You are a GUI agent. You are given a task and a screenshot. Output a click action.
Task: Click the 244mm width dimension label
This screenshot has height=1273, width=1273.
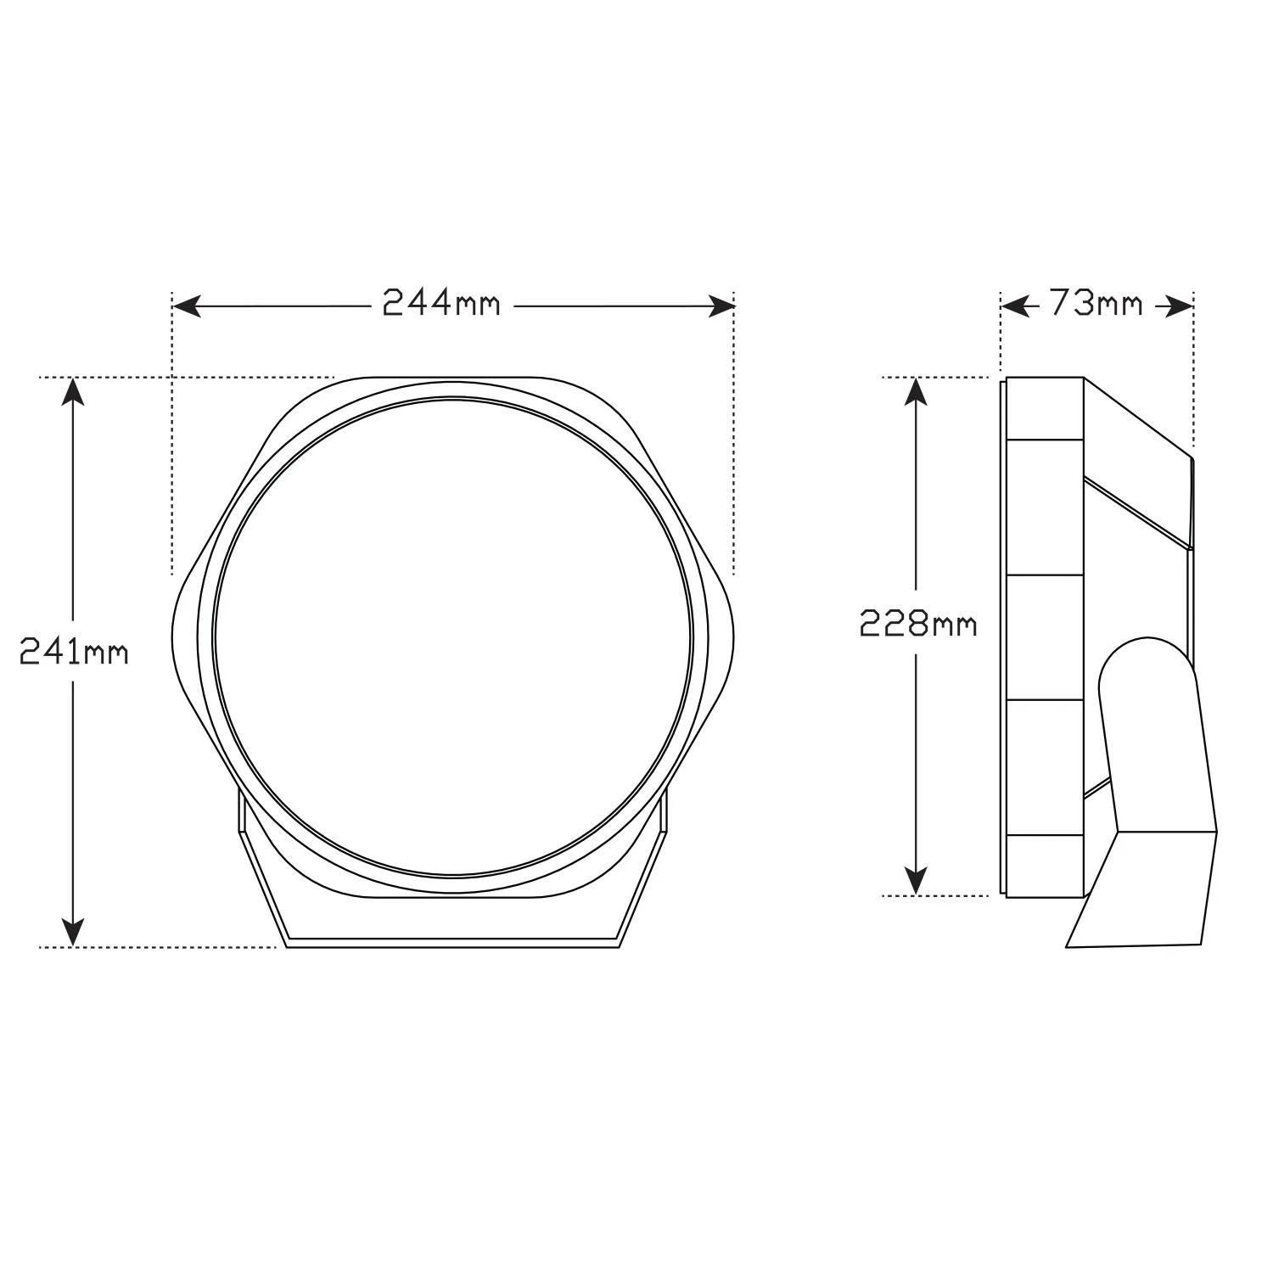click(x=441, y=303)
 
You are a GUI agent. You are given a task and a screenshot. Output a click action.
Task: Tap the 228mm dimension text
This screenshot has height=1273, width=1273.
click(x=918, y=624)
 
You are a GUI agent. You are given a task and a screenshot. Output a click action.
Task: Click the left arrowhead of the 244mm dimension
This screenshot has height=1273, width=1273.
click(x=186, y=306)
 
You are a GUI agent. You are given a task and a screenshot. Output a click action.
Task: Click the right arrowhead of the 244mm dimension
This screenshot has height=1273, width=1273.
click(x=721, y=306)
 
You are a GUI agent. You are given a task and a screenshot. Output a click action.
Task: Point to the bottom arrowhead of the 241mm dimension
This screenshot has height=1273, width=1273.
click(x=75, y=932)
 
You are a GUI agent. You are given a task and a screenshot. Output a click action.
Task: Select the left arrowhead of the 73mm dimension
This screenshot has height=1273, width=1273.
click(x=1015, y=306)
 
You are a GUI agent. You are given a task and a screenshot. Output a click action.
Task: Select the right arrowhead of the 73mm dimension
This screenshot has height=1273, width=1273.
click(x=1180, y=306)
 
